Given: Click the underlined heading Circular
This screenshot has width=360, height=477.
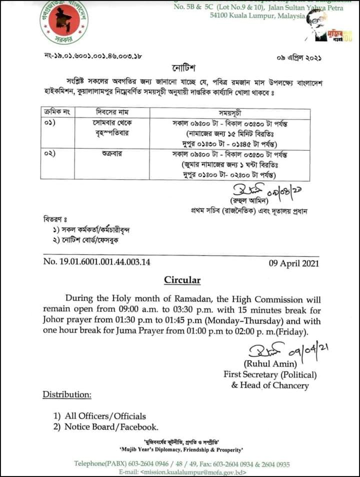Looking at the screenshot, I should coord(182,280).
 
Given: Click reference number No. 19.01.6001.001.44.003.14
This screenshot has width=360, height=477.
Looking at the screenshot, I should coord(97,262).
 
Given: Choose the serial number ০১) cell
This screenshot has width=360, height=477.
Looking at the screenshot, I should coord(50,122).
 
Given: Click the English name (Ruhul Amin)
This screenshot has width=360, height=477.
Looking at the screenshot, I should coord(264,363).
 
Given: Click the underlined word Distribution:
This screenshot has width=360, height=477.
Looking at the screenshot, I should coord(67,394).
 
